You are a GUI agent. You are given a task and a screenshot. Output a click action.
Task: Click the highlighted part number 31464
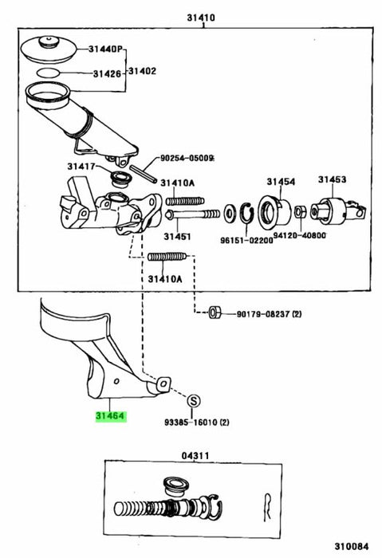click(x=111, y=416)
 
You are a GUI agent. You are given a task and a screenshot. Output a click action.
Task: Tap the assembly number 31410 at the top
click(x=201, y=18)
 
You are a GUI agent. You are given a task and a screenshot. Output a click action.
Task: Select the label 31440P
click(x=106, y=49)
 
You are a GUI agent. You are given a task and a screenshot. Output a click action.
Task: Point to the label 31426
click(x=107, y=73)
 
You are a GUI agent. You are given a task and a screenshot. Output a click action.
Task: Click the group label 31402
click(x=142, y=71)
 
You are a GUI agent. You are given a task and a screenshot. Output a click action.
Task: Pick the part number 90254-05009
click(x=187, y=158)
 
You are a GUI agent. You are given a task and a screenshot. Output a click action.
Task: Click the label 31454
click(x=281, y=182)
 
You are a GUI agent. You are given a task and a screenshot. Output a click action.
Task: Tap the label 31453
click(x=333, y=179)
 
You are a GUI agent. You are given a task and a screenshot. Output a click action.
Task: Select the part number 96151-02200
click(x=246, y=240)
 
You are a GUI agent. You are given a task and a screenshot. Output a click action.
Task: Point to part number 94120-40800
click(x=300, y=235)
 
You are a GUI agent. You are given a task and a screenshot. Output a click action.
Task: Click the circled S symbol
click(x=193, y=402)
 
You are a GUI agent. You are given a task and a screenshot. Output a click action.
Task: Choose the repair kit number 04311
click(x=195, y=455)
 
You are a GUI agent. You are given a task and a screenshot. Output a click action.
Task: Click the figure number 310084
click(x=352, y=546)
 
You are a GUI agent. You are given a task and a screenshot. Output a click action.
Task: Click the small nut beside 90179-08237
click(x=215, y=312)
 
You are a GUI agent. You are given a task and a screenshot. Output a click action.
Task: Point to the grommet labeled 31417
click(x=120, y=179)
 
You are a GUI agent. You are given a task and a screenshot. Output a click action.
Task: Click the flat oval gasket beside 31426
click(x=48, y=73)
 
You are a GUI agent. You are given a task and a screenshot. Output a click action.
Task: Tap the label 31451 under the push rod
click(x=177, y=236)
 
